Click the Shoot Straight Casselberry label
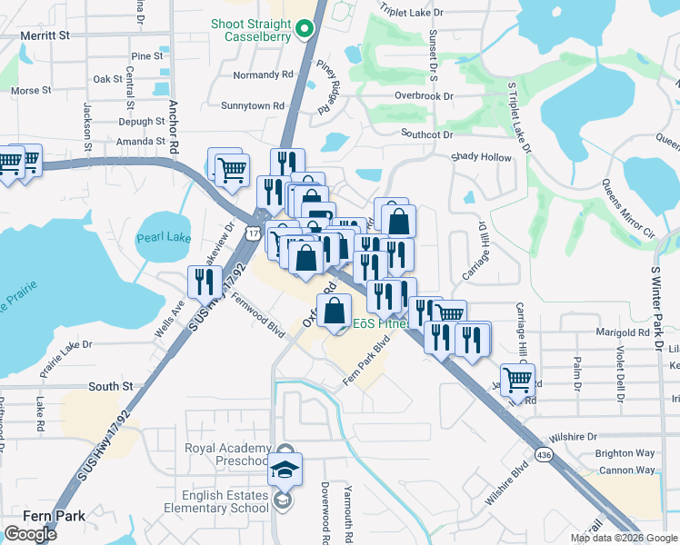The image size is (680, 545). [252, 30]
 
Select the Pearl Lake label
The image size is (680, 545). [164, 238]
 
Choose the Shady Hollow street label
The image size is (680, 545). [483, 157]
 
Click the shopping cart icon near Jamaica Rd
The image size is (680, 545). [517, 379]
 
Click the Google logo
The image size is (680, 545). [30, 534]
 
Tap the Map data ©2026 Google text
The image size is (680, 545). [623, 538]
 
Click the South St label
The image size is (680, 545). [111, 387]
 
